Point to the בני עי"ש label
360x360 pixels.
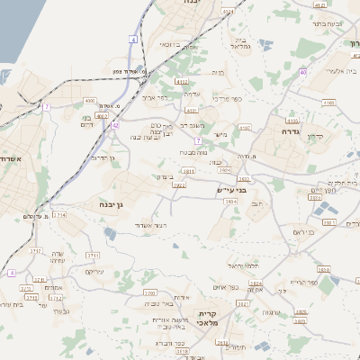tap(230, 191)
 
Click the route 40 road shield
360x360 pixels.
tap(304, 72)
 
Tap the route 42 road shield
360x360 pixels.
tap(115, 125)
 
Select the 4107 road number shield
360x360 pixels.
tap(245, 129)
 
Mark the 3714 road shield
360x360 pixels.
tap(59, 216)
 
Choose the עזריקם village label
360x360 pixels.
tap(94, 272)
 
